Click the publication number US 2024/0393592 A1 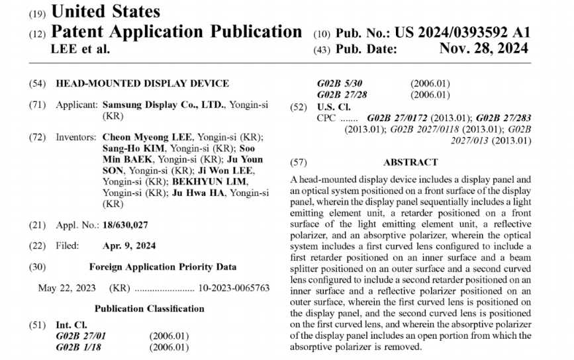(x=462, y=31)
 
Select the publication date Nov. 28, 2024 (x=483, y=48)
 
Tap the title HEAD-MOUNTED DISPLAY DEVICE (x=142, y=83)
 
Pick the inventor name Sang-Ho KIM (x=130, y=148)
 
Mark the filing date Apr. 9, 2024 (x=129, y=246)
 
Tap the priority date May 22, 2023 (x=67, y=289)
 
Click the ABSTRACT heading (x=410, y=162)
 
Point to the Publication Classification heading (x=149, y=309)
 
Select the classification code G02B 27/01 (x=81, y=336)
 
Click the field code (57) (x=299, y=162)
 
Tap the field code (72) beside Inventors (x=38, y=137)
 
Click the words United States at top (x=105, y=11)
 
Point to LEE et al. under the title (x=80, y=48)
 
